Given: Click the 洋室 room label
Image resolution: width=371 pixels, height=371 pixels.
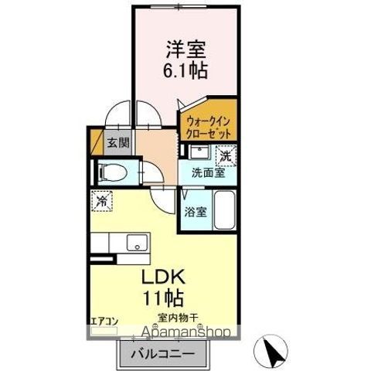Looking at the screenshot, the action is pos(185,49).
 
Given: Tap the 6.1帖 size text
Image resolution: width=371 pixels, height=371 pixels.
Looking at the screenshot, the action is pos(185,70).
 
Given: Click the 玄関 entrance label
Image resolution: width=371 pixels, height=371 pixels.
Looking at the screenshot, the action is pos(118,142).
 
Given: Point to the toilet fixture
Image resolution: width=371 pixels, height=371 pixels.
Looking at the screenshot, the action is pos(113,172).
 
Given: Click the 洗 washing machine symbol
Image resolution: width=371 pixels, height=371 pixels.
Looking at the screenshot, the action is pos(226,156).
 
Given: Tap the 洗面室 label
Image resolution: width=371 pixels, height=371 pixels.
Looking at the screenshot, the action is pos(209,173).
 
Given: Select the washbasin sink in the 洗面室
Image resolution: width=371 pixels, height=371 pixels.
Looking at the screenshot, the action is pos(199,152).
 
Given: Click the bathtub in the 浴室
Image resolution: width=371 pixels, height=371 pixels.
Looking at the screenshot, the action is pos(225,210).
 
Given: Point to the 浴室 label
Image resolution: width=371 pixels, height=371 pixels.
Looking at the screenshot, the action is pos(196,212).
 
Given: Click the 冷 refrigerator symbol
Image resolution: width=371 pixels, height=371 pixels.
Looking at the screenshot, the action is pos(102,201).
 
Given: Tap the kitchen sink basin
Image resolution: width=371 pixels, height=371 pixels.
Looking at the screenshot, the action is pos(138,243).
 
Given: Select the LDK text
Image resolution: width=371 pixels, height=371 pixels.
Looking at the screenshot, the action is pos(163,277).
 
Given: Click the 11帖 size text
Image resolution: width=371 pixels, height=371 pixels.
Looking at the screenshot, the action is pos(163,298).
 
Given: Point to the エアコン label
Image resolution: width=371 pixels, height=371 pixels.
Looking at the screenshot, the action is pos(104,322).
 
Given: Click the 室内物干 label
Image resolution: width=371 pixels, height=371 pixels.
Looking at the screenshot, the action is pos(178,318).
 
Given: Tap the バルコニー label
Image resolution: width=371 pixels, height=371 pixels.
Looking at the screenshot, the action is pos(163,355).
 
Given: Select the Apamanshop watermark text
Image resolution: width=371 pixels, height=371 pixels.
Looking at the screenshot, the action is pos(185,332).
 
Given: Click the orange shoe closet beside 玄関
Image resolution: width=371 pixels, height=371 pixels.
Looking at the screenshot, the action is pos(97,142).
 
